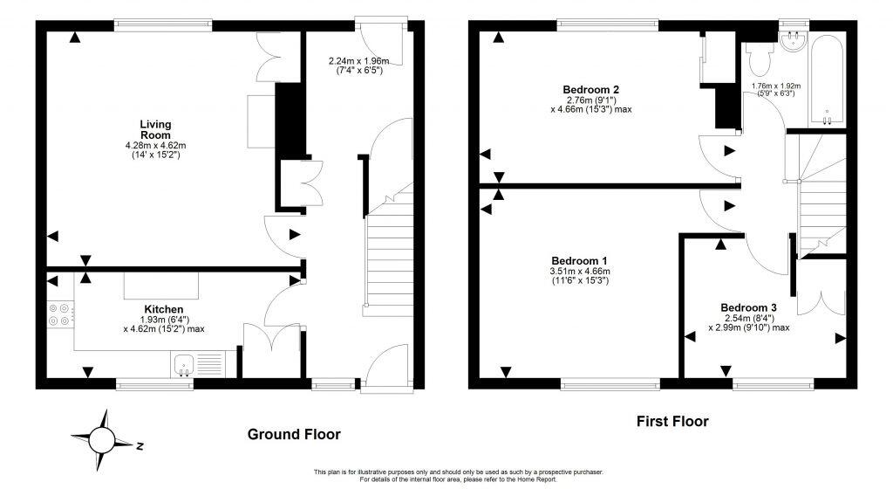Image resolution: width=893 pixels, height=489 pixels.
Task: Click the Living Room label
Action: click(x=156, y=129)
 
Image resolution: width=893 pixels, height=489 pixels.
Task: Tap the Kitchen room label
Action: click(x=163, y=309)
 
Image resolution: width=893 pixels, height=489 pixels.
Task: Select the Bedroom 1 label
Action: click(x=579, y=261)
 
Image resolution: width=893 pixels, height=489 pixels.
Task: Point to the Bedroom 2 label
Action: click(x=590, y=90)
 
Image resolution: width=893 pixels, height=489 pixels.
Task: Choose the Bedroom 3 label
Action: click(x=748, y=307)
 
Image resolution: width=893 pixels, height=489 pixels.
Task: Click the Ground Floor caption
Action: click(x=294, y=434)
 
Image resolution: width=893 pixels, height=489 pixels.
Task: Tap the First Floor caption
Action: click(x=671, y=422)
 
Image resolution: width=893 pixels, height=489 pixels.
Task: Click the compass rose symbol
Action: click(x=103, y=438)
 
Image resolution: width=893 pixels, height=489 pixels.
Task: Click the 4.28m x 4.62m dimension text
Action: click(x=156, y=145)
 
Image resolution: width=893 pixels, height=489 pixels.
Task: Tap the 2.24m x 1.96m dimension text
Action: click(x=358, y=61)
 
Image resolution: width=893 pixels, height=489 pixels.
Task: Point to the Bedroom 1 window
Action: click(x=610, y=382)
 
